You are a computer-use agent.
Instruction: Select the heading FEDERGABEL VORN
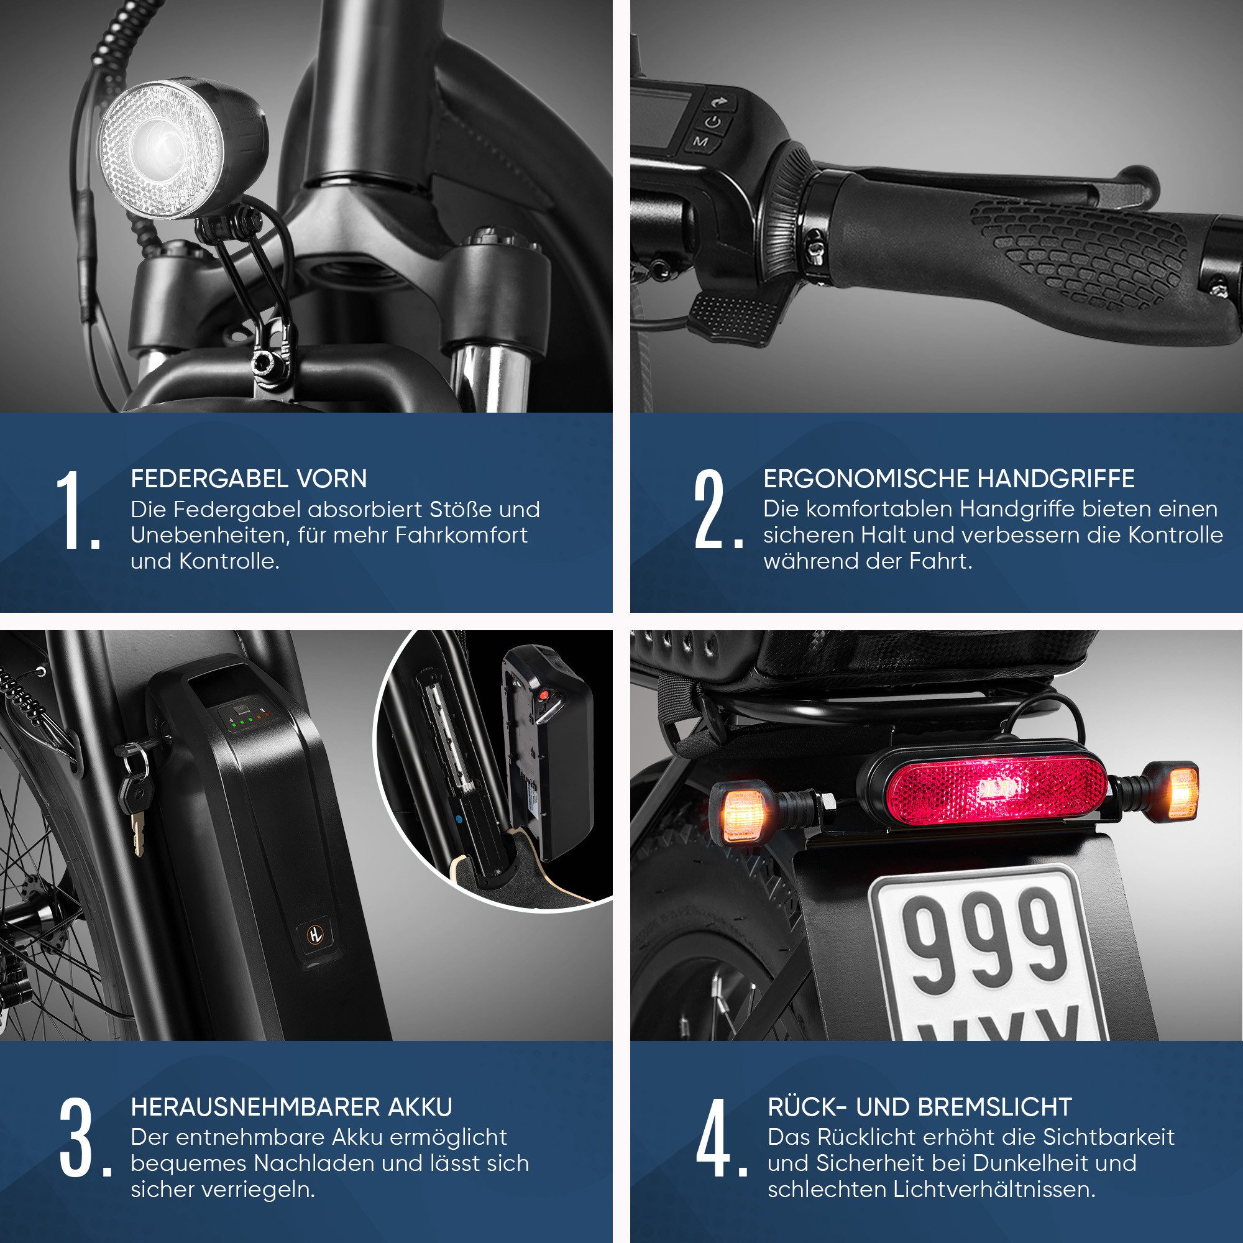tap(249, 479)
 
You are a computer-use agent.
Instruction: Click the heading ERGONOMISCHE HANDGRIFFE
tap(949, 479)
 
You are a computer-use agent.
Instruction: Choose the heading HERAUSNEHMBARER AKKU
tap(291, 1107)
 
